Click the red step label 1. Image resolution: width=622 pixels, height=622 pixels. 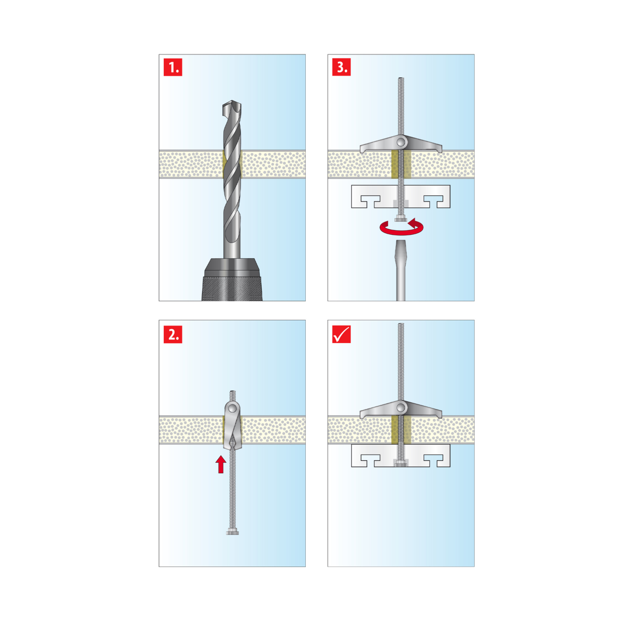point(173,67)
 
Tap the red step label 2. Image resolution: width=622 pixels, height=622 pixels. point(173,334)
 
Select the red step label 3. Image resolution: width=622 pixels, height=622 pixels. point(342,67)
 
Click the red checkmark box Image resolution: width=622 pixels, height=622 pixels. point(342,334)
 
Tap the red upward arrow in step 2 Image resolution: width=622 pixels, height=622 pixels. point(221,464)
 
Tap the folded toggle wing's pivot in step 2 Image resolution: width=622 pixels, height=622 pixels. point(232,409)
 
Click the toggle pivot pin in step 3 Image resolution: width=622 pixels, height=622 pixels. point(401,142)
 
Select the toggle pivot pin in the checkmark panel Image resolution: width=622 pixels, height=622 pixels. point(401,407)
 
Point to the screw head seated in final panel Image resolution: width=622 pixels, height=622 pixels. point(401,464)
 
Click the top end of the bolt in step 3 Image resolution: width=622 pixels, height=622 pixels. point(401,78)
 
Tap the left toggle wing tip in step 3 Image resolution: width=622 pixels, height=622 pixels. point(361,150)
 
